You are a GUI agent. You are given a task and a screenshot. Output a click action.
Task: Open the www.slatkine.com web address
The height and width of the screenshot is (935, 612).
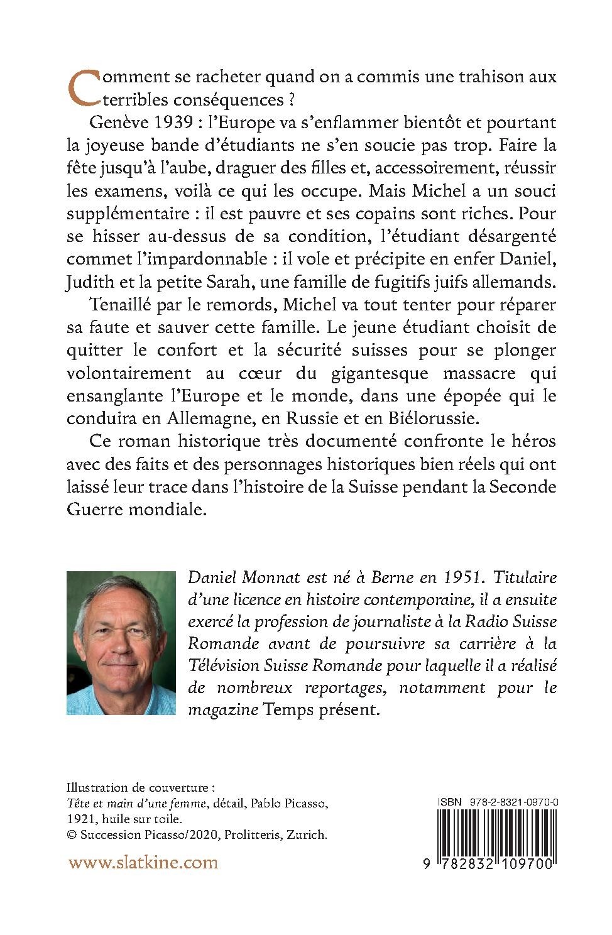click(143, 862)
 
